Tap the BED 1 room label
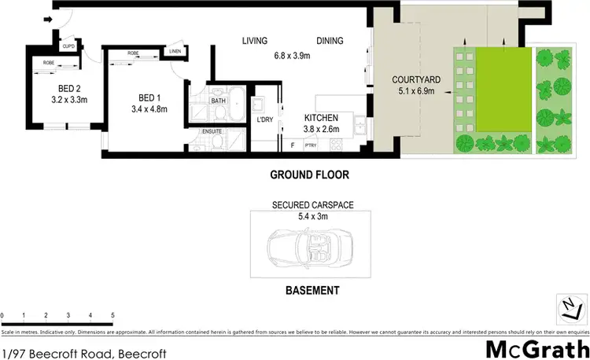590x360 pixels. [x=147, y=97]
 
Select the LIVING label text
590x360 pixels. [x=254, y=41]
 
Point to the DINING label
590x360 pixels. [x=331, y=41]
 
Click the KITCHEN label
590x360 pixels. [x=321, y=117]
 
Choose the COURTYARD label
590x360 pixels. [x=417, y=80]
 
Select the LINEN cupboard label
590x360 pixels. [x=174, y=52]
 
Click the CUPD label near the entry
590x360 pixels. [x=68, y=46]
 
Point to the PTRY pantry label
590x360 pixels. [x=310, y=145]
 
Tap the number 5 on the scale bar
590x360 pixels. [x=112, y=314]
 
